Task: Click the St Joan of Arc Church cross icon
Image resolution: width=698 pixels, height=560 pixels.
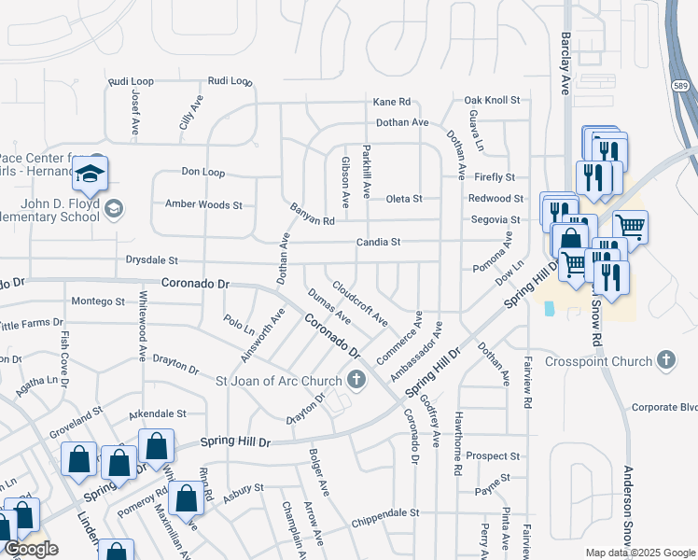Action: [356, 379]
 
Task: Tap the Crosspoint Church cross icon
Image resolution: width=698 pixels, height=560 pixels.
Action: [665, 359]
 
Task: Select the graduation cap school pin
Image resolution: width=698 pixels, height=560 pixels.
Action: [91, 174]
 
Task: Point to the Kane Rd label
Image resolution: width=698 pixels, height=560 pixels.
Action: [392, 102]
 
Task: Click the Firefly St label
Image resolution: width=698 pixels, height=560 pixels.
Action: [495, 177]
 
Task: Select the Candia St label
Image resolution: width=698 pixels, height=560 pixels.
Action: [378, 243]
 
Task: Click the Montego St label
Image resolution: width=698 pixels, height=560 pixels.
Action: [98, 302]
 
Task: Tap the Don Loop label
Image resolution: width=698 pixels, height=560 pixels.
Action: [203, 173]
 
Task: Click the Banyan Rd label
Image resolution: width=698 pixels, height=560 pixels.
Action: [312, 215]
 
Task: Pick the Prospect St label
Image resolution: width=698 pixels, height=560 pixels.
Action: [494, 456]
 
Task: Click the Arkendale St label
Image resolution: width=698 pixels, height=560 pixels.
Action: [158, 413]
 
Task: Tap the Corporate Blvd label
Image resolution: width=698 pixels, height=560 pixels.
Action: [664, 408]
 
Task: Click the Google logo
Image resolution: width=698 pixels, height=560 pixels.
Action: [32, 550]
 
